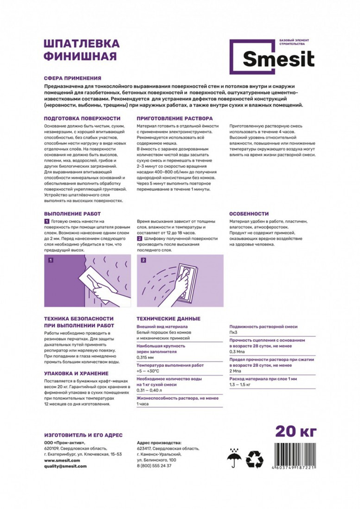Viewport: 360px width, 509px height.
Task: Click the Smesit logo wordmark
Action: (278, 59)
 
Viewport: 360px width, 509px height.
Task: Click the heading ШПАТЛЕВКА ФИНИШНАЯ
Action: (81, 50)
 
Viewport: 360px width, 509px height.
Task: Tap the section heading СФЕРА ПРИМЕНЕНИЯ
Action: (72, 78)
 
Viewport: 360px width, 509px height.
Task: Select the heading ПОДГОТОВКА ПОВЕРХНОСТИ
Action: (82, 118)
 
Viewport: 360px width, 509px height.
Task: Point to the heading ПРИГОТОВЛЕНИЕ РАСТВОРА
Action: (175, 118)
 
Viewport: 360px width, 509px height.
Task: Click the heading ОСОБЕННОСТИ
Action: (249, 214)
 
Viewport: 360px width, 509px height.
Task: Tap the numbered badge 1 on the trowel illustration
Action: (51, 260)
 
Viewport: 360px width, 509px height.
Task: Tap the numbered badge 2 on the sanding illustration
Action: (144, 260)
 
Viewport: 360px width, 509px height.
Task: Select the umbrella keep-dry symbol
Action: (234, 458)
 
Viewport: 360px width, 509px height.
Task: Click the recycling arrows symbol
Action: (255, 459)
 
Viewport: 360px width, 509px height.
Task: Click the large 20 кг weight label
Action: (296, 431)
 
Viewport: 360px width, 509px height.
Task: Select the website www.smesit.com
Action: (62, 460)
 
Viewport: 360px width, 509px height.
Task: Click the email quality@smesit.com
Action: (65, 466)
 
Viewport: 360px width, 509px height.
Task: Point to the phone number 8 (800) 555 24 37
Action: (154, 466)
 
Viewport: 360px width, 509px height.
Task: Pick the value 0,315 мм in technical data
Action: (145, 357)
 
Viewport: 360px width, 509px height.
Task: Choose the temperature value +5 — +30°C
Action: (148, 371)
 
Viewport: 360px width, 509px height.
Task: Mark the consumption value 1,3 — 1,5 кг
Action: (240, 385)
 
